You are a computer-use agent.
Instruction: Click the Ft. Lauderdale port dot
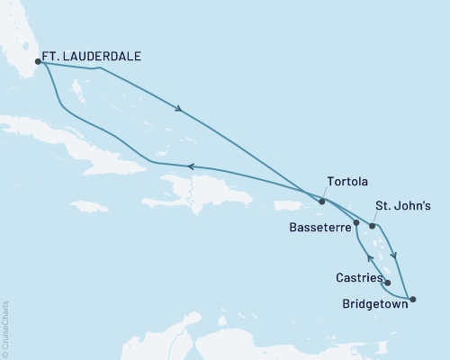coord(38,62)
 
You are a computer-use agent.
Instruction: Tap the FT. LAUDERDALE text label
coord(94,55)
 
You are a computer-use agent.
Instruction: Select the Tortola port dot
coord(321,202)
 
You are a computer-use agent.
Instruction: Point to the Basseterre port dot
coord(357,222)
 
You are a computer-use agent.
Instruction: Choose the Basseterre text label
coord(316,227)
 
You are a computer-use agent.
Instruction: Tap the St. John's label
coord(404,206)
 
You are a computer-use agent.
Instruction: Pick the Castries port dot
coord(388,283)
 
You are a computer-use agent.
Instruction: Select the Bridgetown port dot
coord(413,299)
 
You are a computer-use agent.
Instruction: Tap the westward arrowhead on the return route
coord(190,166)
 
